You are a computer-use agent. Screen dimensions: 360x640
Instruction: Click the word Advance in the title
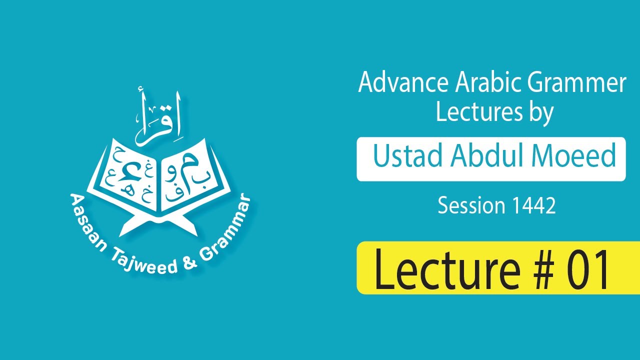point(391,83)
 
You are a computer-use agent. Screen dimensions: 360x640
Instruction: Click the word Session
point(471,205)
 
